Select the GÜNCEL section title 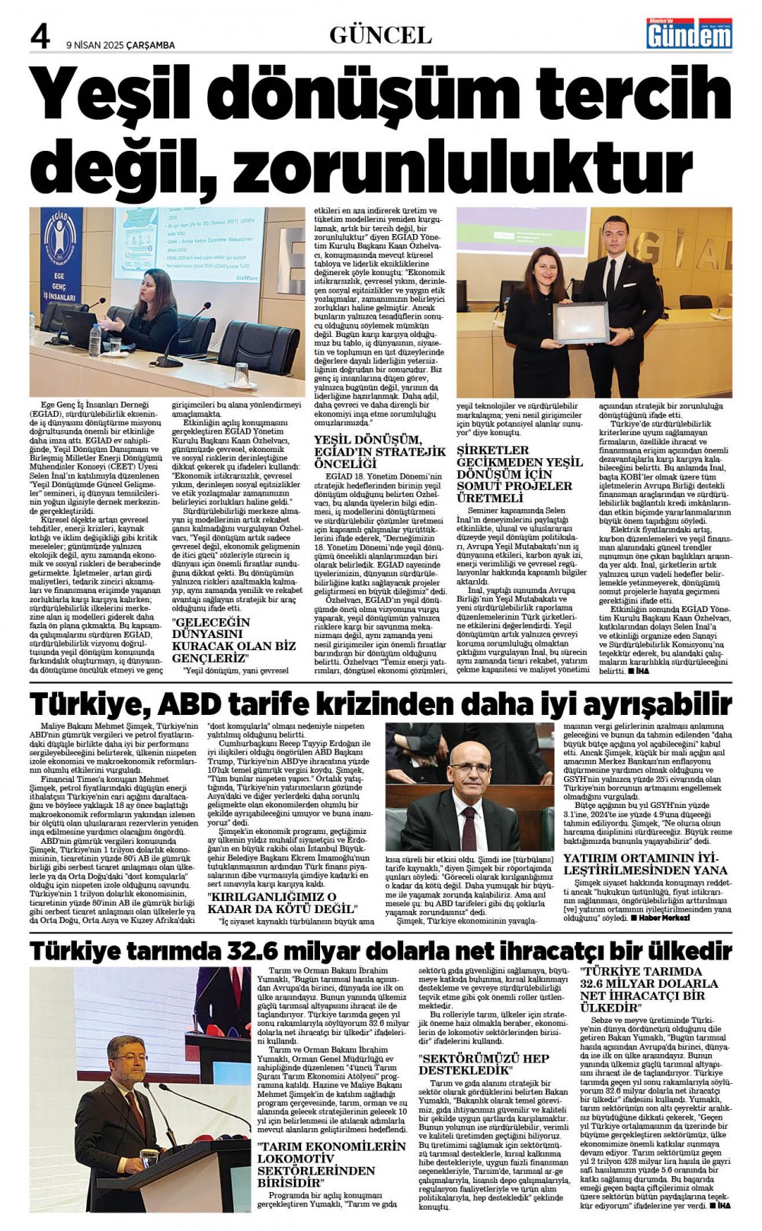tap(380, 35)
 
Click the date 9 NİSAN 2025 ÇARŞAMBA tap(120, 45)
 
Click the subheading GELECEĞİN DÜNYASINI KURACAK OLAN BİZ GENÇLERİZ tap(233, 640)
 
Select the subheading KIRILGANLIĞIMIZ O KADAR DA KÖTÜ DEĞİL tap(282, 902)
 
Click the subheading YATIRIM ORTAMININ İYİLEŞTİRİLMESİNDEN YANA tap(645, 864)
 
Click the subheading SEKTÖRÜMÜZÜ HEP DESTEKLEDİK tap(483, 1064)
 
